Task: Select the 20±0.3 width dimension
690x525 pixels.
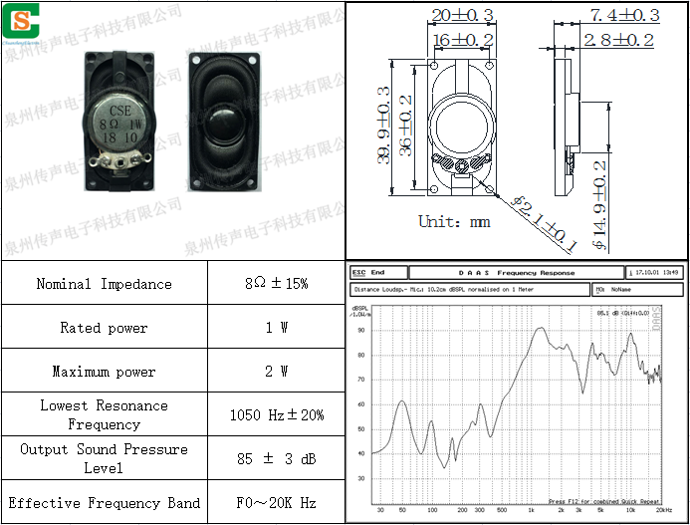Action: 463,15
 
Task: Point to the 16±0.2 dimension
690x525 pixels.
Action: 463,39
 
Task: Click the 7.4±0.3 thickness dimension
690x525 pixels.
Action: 624,15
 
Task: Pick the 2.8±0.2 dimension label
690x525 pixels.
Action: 618,40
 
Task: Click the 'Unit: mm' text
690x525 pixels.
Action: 454,221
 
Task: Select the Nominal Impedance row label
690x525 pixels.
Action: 104,284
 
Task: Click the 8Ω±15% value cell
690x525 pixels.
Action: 276,284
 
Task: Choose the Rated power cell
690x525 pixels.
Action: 104,328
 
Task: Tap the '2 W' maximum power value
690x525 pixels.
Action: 276,372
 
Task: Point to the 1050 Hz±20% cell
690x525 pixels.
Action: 276,415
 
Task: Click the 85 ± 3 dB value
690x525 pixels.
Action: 276,459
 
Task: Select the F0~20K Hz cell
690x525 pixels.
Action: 276,503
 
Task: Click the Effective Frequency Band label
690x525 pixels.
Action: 104,503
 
